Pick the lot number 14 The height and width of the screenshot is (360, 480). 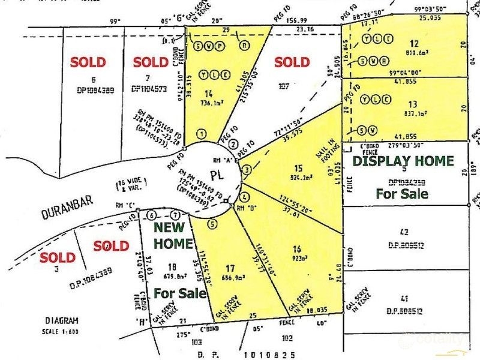pyautogui.click(x=209, y=94)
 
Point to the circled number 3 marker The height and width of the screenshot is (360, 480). pyautogui.click(x=245, y=171)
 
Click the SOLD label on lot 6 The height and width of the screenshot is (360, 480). pyautogui.click(x=88, y=61)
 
